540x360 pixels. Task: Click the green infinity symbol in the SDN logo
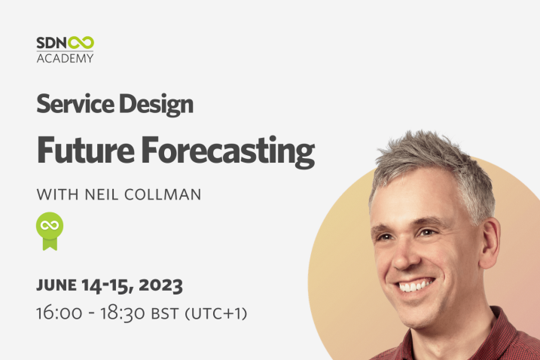[x=81, y=43]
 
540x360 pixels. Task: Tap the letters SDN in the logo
[x=52, y=43]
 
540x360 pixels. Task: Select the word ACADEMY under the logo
[x=65, y=58]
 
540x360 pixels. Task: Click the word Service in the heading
[x=75, y=104]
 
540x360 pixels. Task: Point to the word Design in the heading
[x=156, y=105]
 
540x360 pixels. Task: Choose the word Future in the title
[x=86, y=150]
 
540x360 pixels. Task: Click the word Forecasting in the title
[x=228, y=152]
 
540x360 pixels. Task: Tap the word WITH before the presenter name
[x=57, y=194]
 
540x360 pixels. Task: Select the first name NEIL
[x=102, y=194]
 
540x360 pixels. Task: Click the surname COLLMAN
[x=163, y=194]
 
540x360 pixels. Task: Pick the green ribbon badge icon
[x=50, y=230]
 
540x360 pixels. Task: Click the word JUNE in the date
[x=56, y=285]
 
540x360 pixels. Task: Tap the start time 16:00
[x=59, y=313]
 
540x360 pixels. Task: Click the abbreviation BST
[x=165, y=314]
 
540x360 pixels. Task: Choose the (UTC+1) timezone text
[x=216, y=314]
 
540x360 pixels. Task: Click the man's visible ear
[x=489, y=242]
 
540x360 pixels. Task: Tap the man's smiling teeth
[x=414, y=285]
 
